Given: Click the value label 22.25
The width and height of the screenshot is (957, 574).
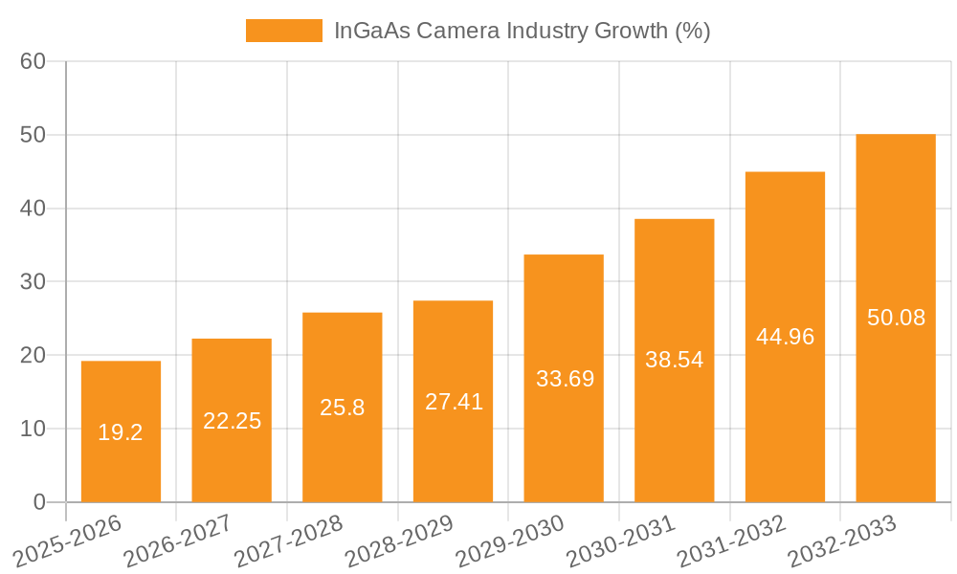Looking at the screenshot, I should (x=232, y=421).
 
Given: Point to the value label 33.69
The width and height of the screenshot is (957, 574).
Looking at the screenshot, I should (x=565, y=379).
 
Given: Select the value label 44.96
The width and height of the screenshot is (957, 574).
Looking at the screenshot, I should (x=785, y=337).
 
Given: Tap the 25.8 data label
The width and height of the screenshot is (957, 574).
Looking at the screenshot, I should (x=343, y=408).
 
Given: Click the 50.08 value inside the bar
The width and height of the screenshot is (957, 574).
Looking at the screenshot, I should (x=896, y=318).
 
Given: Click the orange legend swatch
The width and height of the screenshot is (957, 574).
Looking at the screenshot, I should (x=283, y=31).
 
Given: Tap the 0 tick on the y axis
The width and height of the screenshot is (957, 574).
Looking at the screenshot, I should (x=39, y=502).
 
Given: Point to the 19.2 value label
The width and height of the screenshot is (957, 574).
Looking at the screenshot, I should (x=121, y=432).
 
